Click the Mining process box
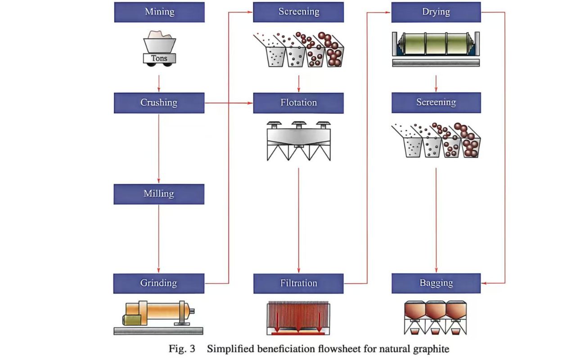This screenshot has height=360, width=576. [x=159, y=12]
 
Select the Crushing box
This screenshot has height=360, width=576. [x=159, y=103]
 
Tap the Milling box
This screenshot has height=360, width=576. [x=159, y=194]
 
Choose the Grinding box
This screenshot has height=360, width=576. [x=159, y=283]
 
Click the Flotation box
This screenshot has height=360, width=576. [x=298, y=103]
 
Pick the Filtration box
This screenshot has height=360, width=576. [x=298, y=283]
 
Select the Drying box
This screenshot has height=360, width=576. [x=436, y=12]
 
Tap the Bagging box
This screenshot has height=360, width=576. [x=436, y=283]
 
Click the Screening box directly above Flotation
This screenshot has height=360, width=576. [x=298, y=12]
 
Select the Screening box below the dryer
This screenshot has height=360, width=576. [x=436, y=103]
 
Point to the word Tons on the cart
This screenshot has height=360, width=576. [x=159, y=58]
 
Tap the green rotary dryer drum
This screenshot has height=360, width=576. [x=436, y=45]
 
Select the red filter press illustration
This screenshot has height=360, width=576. [x=298, y=318]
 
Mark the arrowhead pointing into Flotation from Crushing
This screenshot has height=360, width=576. [x=250, y=103]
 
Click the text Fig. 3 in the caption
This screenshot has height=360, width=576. [x=182, y=349]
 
